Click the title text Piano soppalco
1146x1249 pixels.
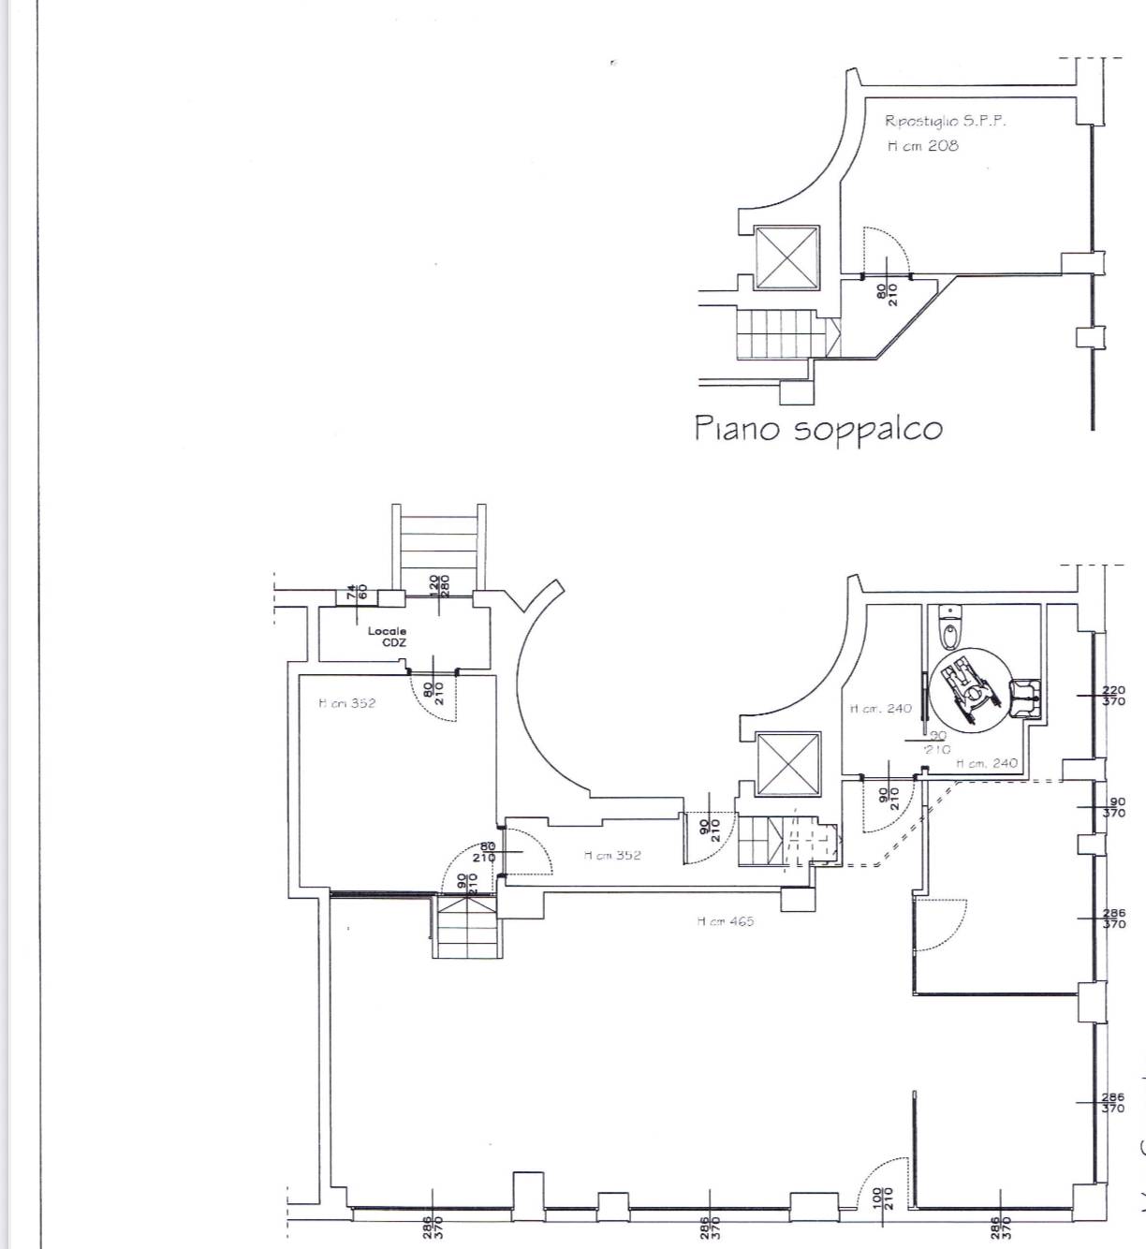coord(817,429)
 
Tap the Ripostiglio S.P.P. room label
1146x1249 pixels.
coord(945,121)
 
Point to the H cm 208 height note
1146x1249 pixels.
coord(922,146)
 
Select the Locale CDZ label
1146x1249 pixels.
coord(387,637)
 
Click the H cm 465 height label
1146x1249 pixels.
coord(725,921)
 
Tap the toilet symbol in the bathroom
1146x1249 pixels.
coord(951,627)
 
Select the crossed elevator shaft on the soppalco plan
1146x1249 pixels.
coord(786,257)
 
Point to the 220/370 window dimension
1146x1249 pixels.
coord(1113,696)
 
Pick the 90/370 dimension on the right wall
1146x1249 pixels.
coord(1114,808)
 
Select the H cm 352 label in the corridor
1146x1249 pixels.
coord(612,855)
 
